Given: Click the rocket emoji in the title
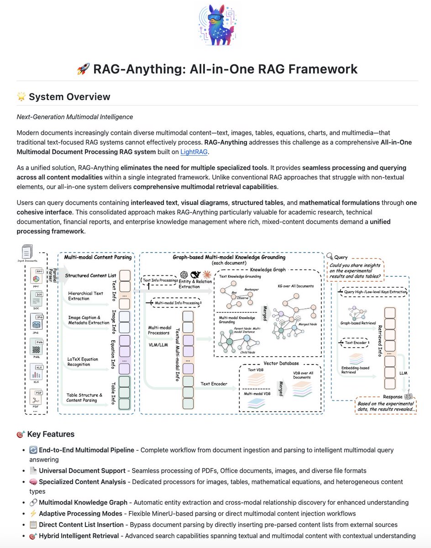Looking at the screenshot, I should (x=83, y=69).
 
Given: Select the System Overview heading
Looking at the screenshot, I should (x=69, y=97).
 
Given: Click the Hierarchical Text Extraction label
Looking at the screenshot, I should (x=86, y=296).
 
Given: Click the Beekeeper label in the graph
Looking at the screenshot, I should (x=252, y=289).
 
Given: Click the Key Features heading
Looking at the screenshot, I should (x=51, y=434).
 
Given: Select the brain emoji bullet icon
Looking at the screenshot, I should (x=33, y=482).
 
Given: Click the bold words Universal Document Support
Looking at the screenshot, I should (x=82, y=470).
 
